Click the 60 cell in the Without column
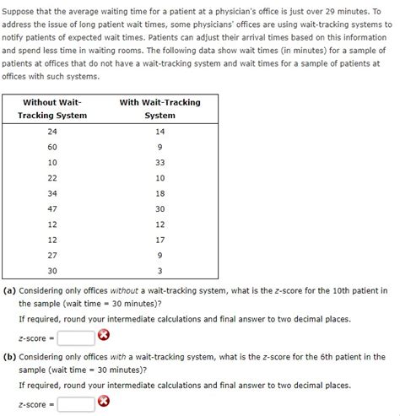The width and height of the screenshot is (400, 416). pos(52,147)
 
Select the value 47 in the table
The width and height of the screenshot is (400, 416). pos(52,208)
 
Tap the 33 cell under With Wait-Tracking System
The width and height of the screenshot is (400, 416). pos(159,162)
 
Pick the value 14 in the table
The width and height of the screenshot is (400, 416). pos(159,132)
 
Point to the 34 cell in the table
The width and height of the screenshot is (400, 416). pos(52,192)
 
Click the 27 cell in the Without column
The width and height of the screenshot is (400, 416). pos(52,254)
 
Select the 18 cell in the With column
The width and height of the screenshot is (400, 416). pos(159,192)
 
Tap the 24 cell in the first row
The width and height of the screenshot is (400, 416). pos(52,132)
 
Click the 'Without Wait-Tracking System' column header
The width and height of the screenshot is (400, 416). pos(52,109)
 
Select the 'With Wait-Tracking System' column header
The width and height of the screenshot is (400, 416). pos(159,109)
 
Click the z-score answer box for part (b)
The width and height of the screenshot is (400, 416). pos(76,402)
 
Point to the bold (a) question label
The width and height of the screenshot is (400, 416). pos(10,290)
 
